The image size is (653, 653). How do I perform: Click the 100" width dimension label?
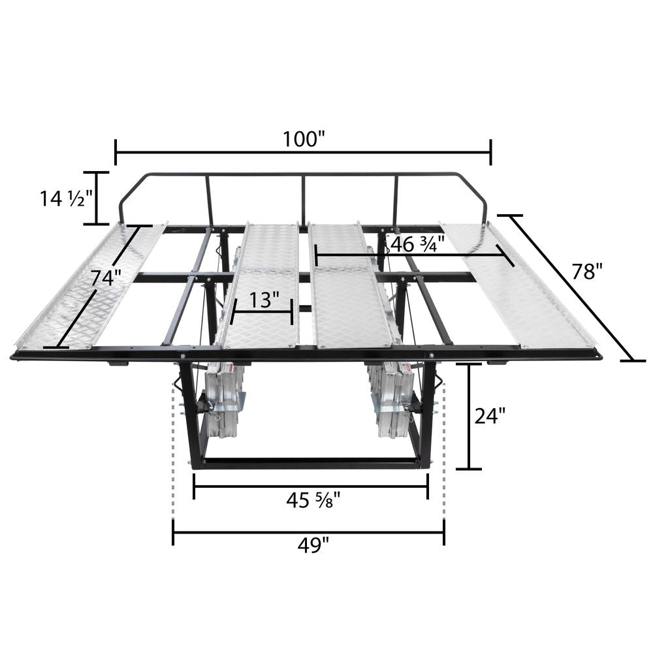coord(304,139)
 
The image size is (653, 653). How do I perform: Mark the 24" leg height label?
coord(490,415)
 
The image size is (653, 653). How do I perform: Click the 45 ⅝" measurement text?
coord(311,502)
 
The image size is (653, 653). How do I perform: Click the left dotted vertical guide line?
coord(173,451)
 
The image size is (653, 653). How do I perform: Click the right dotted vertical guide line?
coord(444,451)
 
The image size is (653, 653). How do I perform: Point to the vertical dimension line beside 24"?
coord(469,416)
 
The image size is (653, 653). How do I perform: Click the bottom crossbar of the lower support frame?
coord(310,463)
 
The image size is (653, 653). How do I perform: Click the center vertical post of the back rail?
coord(303,200)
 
